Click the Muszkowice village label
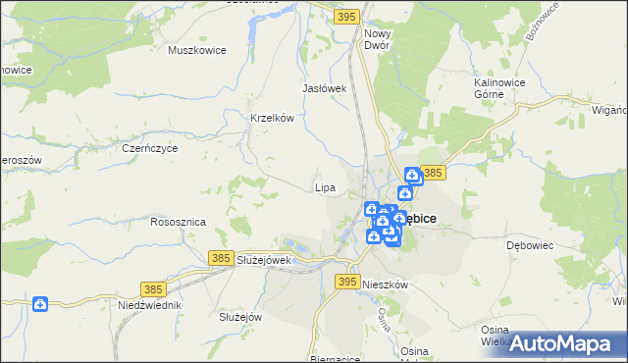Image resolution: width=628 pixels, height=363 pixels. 197,50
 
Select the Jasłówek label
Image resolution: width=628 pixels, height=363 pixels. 326,88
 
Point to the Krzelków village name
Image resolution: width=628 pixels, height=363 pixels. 273,118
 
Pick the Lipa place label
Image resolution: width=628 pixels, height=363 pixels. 325,186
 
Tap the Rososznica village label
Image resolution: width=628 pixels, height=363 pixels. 178,222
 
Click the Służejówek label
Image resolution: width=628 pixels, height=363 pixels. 265,260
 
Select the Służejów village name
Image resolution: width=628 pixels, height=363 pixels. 238,317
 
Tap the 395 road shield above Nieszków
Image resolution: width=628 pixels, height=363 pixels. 345,282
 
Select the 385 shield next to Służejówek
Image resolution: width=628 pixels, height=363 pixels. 221,258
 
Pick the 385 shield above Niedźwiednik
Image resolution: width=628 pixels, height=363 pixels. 152,289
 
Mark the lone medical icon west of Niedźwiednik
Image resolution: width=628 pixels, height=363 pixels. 40,305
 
